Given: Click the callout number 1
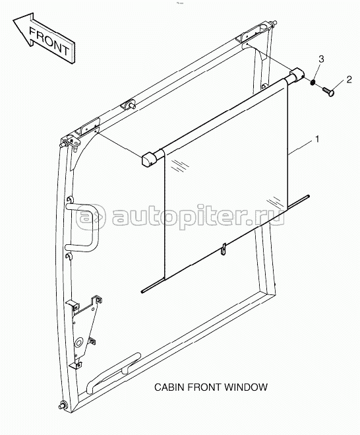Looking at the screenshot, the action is click(318, 139).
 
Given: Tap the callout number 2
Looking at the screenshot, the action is click(349, 80).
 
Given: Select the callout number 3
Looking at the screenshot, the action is click(321, 59).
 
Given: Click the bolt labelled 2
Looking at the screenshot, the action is click(329, 91).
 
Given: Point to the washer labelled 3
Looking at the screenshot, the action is click(313, 83).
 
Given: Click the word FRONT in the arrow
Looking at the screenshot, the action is click(49, 42).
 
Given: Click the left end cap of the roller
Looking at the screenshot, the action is click(148, 160).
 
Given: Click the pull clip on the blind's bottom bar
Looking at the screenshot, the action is click(224, 250).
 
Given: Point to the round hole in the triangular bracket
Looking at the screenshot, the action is click(78, 343).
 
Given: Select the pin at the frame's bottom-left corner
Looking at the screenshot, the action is click(63, 405).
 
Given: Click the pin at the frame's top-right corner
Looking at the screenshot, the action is click(273, 23).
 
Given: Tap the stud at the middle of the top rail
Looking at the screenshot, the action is click(131, 106).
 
